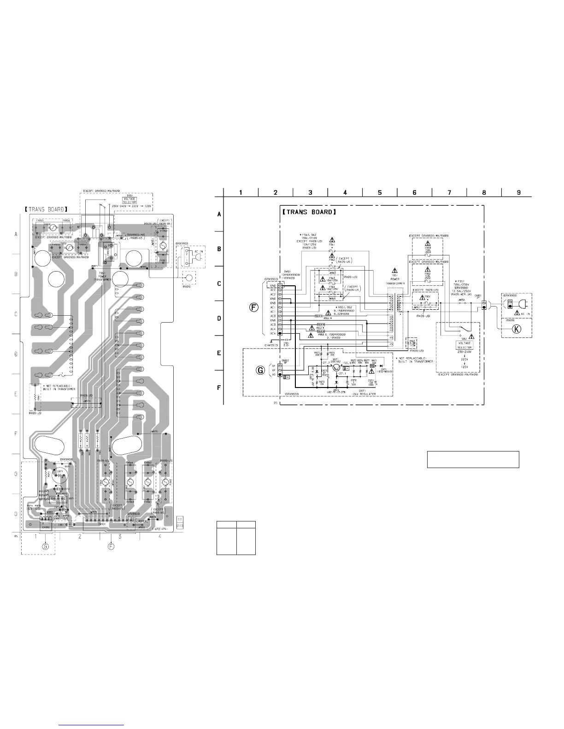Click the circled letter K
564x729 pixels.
point(517,329)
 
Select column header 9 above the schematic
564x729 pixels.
point(519,192)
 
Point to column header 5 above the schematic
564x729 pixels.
point(380,192)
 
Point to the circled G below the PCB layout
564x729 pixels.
point(45,546)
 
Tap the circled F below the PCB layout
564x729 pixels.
point(111,546)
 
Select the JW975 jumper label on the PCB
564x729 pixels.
point(154,432)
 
